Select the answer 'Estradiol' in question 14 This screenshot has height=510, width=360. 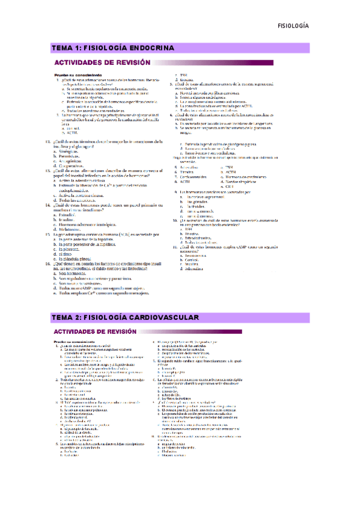click(x=69, y=215)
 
